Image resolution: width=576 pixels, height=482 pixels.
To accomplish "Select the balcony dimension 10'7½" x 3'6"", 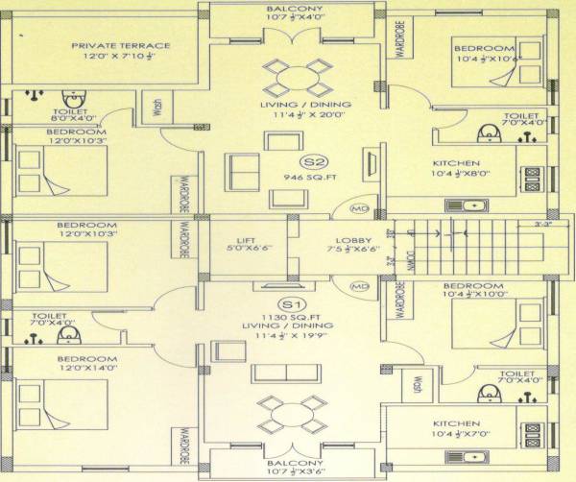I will [x=294, y=471].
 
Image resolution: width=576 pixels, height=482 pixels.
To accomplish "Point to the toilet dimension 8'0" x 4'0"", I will [x=73, y=119].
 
